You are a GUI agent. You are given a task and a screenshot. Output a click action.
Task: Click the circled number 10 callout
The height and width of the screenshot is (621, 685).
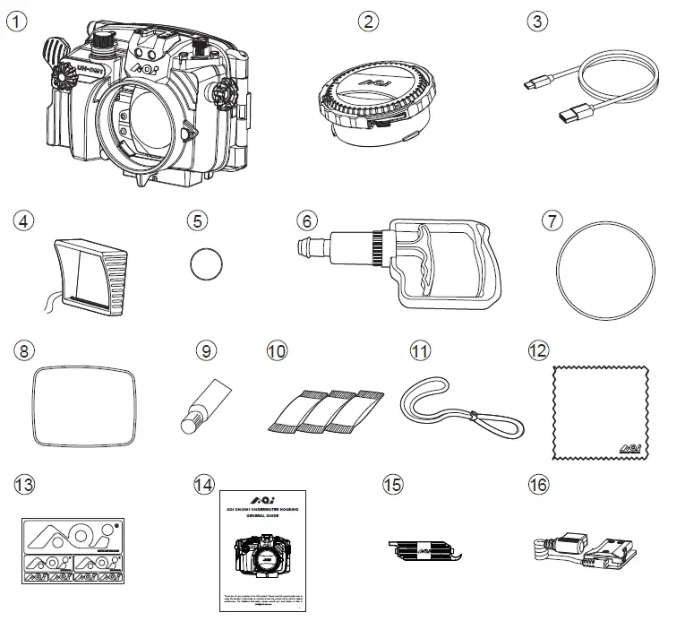[278, 349]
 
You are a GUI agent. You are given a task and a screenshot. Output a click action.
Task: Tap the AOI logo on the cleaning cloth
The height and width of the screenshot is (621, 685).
[628, 447]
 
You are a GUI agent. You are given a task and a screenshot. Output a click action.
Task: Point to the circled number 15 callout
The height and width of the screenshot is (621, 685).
[391, 485]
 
